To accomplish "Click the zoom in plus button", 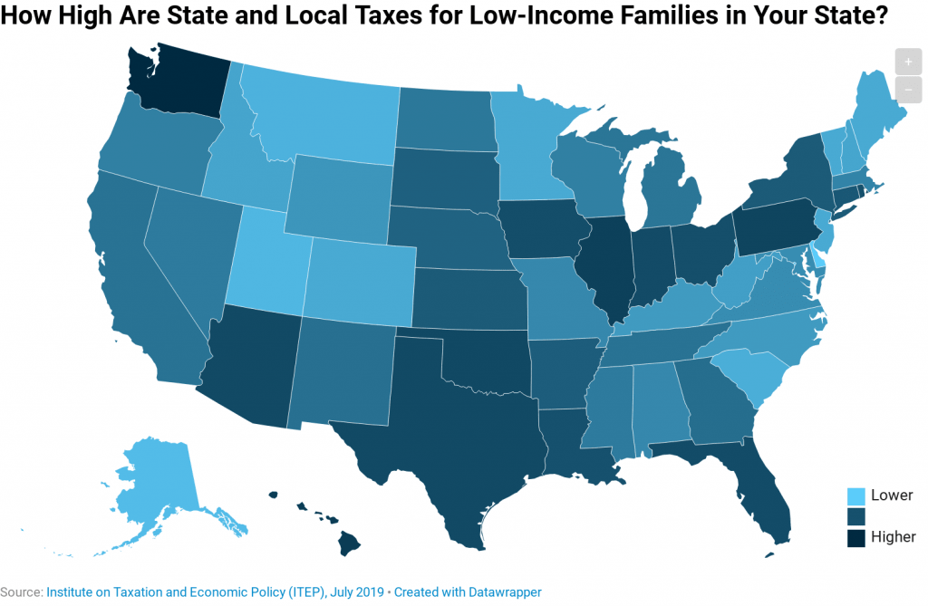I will (x=908, y=62).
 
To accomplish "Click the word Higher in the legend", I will (x=893, y=537).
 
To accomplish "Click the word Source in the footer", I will (x=20, y=592).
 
